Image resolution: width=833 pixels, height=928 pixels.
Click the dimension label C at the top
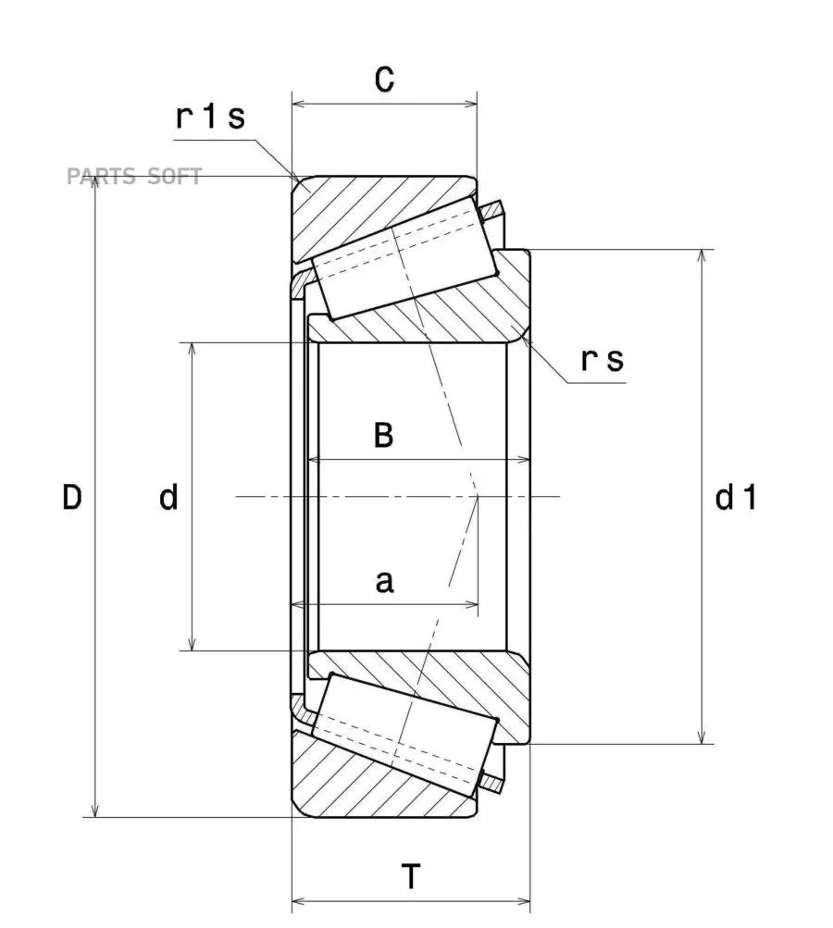384,80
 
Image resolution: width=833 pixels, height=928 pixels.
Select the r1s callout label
211,118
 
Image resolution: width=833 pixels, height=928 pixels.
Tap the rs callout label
603,360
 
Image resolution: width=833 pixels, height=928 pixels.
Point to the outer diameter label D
72,498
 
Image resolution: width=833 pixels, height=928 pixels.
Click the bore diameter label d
168,498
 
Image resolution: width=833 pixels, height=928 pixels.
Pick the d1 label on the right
737,499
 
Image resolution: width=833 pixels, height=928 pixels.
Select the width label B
383,435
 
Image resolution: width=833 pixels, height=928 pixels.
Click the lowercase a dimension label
384,582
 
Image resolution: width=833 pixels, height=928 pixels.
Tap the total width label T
411,875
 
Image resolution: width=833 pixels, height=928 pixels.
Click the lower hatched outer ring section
370,785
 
